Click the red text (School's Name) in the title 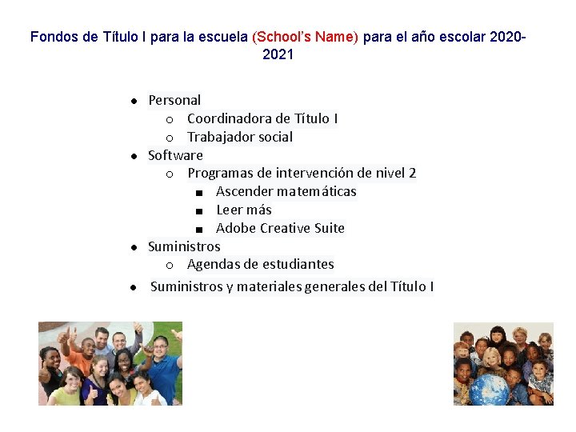click(x=306, y=37)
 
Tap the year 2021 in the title click(x=278, y=54)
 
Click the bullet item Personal click(x=174, y=100)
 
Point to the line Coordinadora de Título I click(x=262, y=118)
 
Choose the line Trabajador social click(x=240, y=137)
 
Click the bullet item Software click(x=175, y=155)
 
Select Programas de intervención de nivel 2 click(x=302, y=173)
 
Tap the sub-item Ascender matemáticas click(x=286, y=191)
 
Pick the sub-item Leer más click(x=243, y=210)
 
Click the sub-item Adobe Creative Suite click(x=280, y=228)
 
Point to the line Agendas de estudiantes click(x=260, y=264)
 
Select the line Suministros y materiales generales click(x=292, y=286)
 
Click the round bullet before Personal click(x=134, y=101)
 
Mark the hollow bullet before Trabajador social click(x=170, y=138)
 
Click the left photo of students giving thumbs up click(x=110, y=363)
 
